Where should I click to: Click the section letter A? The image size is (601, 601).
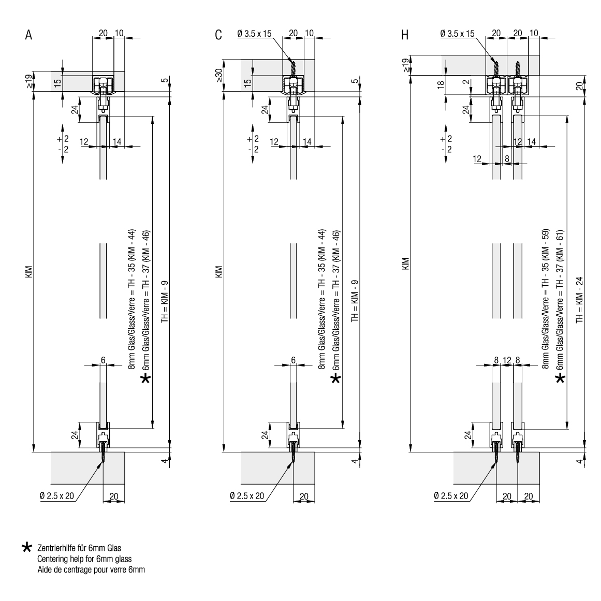(x=29, y=36)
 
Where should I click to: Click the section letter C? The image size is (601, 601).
(x=218, y=36)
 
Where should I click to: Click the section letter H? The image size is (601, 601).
(x=405, y=36)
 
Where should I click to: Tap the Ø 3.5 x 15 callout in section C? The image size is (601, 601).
(x=254, y=34)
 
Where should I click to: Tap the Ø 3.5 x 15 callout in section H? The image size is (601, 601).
(x=457, y=34)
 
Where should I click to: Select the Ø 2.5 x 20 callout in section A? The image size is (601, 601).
(x=57, y=496)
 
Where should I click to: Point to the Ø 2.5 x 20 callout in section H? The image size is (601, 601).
(x=451, y=496)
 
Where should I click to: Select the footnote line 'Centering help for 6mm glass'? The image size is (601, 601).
(x=84, y=559)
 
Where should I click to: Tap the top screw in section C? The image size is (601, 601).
(x=293, y=68)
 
